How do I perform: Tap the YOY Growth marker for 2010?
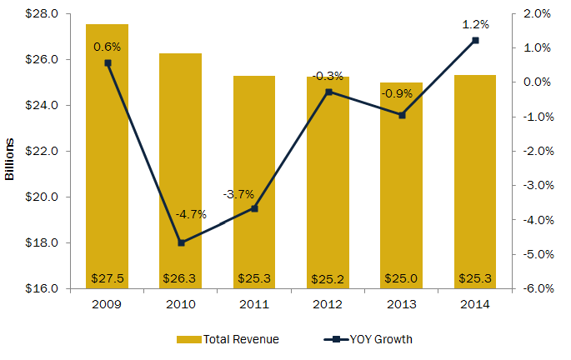(181, 242)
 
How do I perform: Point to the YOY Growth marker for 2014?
(475, 40)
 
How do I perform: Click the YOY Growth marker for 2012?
(328, 92)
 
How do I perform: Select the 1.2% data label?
(475, 24)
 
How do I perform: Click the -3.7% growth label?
(238, 194)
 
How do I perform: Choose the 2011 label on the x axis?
(254, 305)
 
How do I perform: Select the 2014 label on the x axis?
(475, 305)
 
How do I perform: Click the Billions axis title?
(10, 152)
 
